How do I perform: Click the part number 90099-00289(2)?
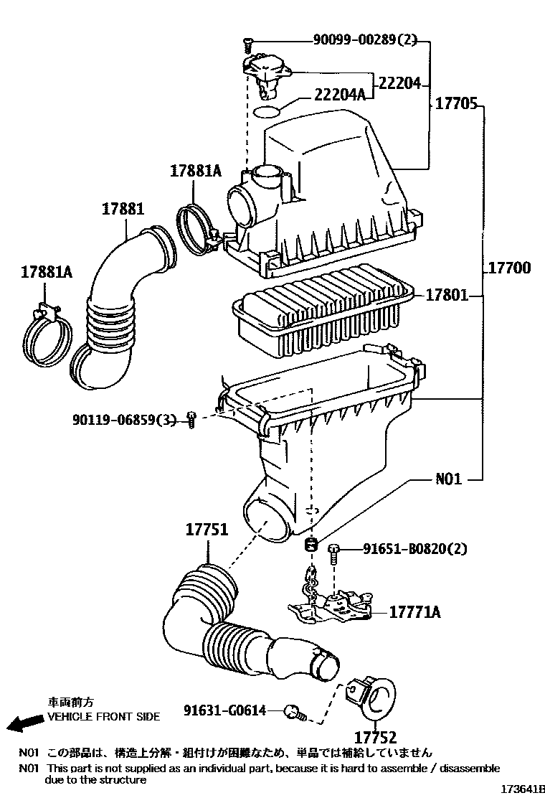pos(364,39)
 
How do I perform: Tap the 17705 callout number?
pos(457,104)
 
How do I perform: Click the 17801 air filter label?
pos(446,294)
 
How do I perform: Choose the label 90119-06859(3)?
pos(124,420)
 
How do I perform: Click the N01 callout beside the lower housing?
pos(448,479)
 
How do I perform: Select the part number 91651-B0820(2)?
pos(415,548)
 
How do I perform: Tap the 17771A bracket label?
pos(415,611)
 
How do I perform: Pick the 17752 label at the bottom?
pos(375,736)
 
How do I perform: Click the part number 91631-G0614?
pos(224,710)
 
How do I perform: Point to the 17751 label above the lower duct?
pos(207,530)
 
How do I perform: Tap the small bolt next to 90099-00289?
pos(247,44)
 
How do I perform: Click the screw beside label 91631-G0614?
pos(296,713)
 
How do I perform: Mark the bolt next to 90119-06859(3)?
pos(191,419)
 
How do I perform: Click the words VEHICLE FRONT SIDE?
pos(104,717)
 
